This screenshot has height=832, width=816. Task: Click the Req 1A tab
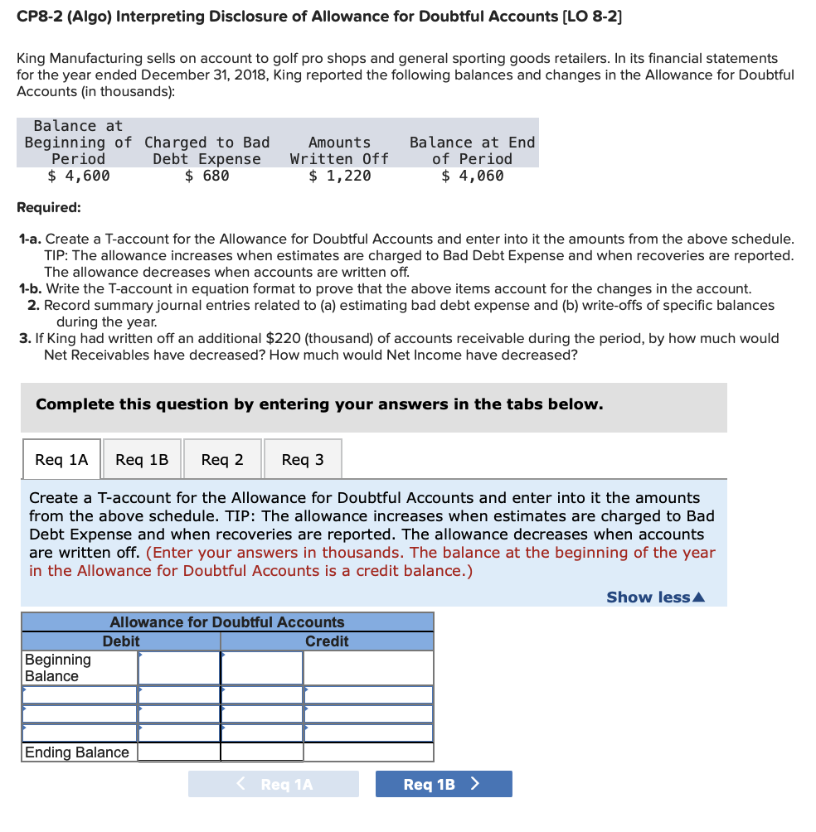click(x=61, y=459)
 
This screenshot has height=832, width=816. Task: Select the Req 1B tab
click(x=142, y=459)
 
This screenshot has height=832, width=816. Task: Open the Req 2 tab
click(x=222, y=459)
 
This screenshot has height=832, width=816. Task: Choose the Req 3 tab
click(x=303, y=459)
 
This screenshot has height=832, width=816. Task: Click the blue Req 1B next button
click(x=443, y=784)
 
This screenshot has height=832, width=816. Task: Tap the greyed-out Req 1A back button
click(x=274, y=784)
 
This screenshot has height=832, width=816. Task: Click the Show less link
click(x=655, y=597)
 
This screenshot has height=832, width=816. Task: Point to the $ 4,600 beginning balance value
click(x=79, y=176)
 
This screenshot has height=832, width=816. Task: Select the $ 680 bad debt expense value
click(x=207, y=176)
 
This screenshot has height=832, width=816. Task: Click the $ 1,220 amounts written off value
click(x=340, y=176)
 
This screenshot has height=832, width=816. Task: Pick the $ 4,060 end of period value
click(x=473, y=176)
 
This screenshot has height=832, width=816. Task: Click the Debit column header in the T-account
click(x=121, y=641)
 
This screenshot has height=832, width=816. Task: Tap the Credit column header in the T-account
click(x=327, y=641)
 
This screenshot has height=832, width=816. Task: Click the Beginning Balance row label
click(x=58, y=668)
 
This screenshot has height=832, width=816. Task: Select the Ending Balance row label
click(x=77, y=752)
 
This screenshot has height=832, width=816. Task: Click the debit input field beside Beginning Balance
click(x=179, y=668)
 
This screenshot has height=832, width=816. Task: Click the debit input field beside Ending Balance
click(x=179, y=752)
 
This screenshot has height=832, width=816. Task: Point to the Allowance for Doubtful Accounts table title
click(x=227, y=622)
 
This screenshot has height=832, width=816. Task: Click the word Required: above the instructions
click(x=49, y=207)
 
